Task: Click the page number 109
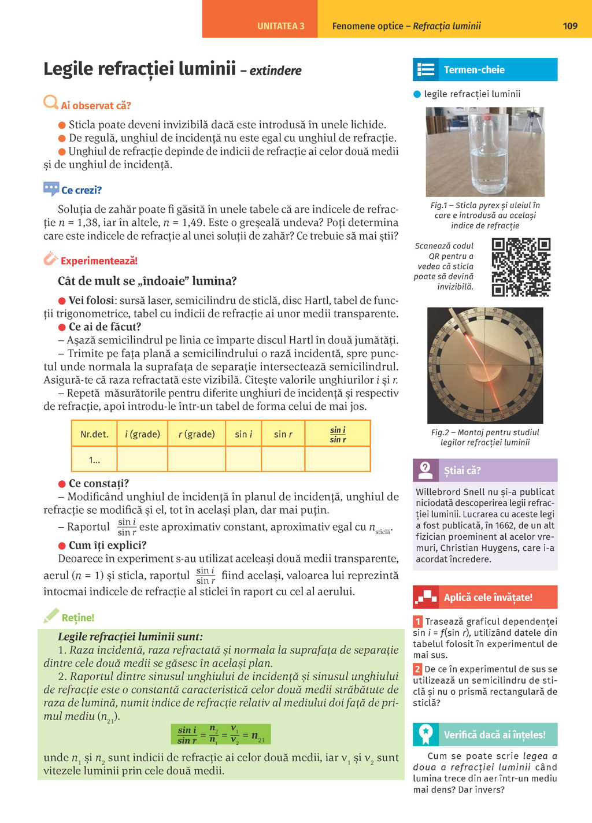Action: click(570, 26)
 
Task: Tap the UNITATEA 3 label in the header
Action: click(280, 26)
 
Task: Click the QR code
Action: click(521, 267)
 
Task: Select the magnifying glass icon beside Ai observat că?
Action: click(51, 103)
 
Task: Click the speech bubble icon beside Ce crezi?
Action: click(51, 188)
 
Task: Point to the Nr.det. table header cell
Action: click(94, 434)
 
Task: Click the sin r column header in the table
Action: click(283, 434)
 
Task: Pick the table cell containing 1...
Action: click(94, 460)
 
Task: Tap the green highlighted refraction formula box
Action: click(221, 735)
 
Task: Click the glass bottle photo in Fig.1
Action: click(485, 153)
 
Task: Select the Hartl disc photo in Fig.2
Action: click(485, 365)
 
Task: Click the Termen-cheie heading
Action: click(474, 70)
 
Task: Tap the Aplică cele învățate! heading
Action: click(487, 598)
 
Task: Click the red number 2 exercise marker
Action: click(417, 669)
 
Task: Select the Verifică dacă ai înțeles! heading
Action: click(494, 735)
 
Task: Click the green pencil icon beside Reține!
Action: click(51, 616)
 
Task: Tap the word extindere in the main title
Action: click(275, 71)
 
